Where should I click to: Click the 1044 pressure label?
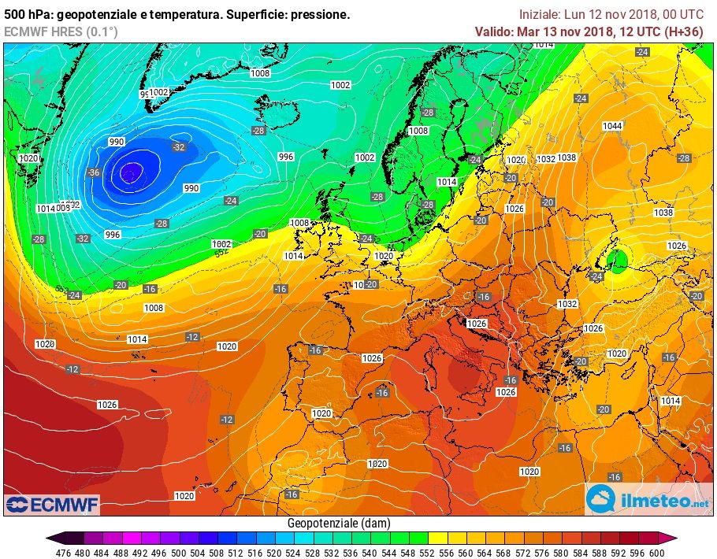[612, 126]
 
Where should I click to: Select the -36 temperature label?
[95, 172]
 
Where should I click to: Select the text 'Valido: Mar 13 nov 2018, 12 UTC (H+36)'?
[589, 31]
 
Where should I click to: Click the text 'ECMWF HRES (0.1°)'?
[60, 31]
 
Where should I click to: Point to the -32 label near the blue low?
[180, 146]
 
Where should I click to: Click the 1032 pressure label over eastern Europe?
[567, 303]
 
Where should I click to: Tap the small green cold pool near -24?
[620, 258]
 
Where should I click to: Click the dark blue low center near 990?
[130, 172]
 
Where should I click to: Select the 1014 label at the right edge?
[671, 401]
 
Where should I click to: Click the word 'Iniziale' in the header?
[539, 14]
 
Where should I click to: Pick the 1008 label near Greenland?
[260, 73]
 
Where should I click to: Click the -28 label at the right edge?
[684, 158]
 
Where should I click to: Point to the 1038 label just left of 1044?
[567, 157]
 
